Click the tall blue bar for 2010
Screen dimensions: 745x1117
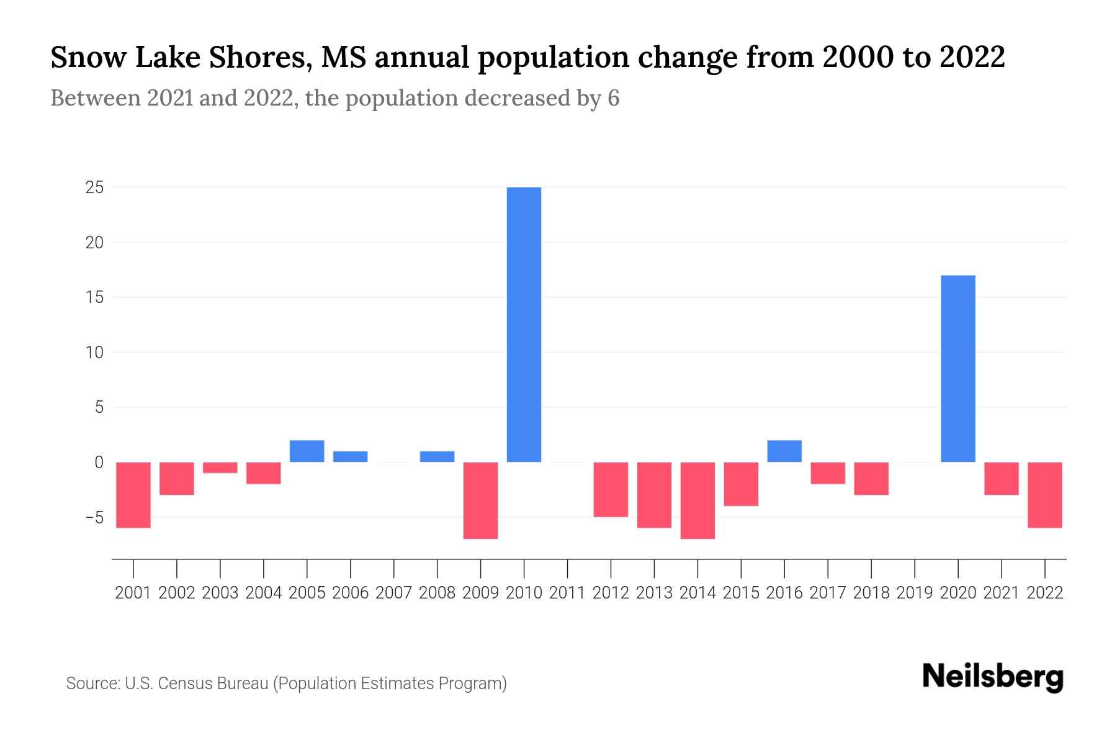tap(524, 324)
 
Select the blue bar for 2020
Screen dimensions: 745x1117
tap(958, 369)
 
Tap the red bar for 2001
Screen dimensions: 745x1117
tap(133, 495)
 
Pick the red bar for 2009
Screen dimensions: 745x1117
tap(480, 500)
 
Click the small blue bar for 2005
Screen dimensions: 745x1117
tap(307, 451)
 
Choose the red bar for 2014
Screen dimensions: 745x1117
tap(698, 500)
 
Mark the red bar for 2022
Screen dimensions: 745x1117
tap(1044, 495)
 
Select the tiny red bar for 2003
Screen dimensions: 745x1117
tap(220, 467)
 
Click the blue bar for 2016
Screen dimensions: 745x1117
tap(784, 451)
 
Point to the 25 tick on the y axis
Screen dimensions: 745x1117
tap(94, 187)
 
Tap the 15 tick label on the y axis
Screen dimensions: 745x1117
tap(94, 297)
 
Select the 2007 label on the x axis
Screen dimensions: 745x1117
tap(393, 593)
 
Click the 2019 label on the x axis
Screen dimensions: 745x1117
tap(914, 593)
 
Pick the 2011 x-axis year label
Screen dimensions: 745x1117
tap(567, 593)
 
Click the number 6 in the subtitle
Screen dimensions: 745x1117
tap(613, 98)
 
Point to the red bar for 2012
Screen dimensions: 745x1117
tap(611, 489)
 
